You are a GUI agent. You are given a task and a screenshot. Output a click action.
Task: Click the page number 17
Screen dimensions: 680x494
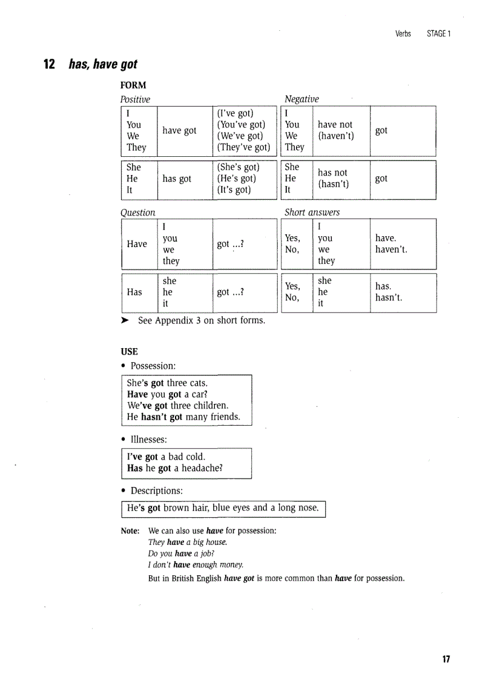pos(446,659)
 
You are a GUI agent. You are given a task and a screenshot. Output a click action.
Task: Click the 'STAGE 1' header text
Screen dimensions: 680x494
pos(438,33)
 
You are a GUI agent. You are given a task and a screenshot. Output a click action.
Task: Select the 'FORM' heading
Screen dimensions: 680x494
pos(133,85)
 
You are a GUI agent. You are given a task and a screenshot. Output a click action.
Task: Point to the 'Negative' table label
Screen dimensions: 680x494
pos(301,99)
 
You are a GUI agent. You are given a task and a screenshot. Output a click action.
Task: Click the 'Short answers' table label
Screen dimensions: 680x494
pos(312,212)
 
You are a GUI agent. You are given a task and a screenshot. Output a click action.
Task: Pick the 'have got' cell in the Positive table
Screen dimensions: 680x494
pos(179,130)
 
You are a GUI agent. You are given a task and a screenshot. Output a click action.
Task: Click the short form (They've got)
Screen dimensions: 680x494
pos(243,147)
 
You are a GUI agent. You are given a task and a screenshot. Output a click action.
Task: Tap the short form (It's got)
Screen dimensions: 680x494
pos(234,190)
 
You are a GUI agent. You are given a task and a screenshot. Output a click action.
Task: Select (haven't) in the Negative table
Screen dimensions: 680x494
pos(336,136)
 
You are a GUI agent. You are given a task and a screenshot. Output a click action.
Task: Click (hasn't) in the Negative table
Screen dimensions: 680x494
pos(334,184)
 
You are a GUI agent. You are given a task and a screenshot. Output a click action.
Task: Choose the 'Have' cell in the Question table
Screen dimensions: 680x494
pos(137,243)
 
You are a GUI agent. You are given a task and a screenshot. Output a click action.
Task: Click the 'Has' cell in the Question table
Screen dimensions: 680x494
pos(134,292)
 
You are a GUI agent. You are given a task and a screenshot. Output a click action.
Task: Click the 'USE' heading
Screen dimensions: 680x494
pos(129,351)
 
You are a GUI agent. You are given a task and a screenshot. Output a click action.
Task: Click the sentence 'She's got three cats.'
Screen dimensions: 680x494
pos(167,383)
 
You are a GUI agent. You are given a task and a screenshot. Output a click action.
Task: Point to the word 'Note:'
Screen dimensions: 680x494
pos(130,530)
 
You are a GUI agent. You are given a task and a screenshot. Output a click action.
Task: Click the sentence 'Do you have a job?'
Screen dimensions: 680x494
pos(181,553)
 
